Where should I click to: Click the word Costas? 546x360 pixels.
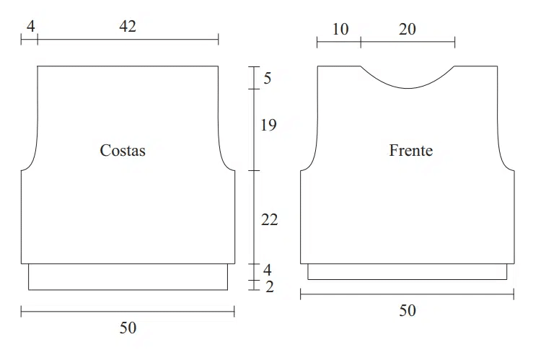coord(123,150)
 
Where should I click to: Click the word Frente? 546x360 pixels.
coord(411,150)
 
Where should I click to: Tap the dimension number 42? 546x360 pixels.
coord(128,26)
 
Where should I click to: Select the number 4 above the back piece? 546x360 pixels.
coord(30,26)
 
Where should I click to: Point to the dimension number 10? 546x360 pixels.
coord(340,30)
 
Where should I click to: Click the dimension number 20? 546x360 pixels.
coord(407,30)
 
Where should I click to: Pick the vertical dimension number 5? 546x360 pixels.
coord(267,78)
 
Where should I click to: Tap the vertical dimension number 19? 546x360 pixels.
coord(268,125)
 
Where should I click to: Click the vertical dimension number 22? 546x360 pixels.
coord(270,220)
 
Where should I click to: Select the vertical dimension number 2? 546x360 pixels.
coord(270,287)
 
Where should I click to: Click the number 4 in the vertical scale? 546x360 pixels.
coord(267,270)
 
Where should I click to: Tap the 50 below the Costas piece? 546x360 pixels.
coord(128,328)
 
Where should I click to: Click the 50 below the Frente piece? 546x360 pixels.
coord(408,310)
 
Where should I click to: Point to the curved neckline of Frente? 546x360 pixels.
coord(408,88)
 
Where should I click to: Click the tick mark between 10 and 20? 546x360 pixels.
coord(361,43)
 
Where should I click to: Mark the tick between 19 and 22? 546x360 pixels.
coord(254,170)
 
